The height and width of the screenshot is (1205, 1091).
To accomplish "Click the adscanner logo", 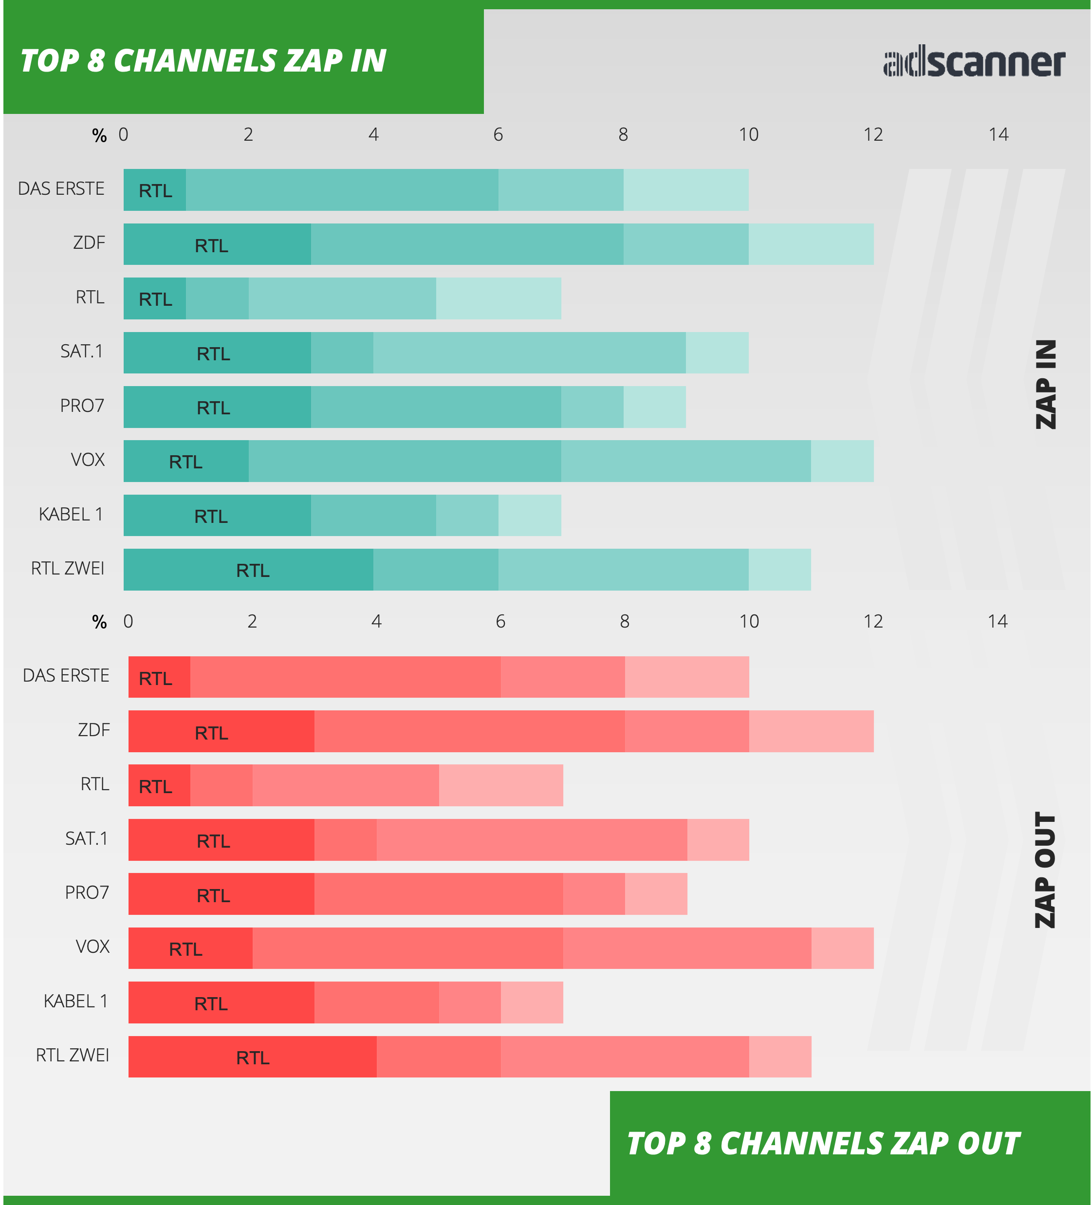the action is pyautogui.click(x=974, y=62).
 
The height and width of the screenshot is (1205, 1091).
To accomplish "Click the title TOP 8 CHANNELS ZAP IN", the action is pyautogui.click(x=203, y=60).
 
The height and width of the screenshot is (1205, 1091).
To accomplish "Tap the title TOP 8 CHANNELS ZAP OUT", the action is pyautogui.click(x=823, y=1144).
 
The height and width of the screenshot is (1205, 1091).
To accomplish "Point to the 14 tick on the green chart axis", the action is pyautogui.click(x=998, y=134).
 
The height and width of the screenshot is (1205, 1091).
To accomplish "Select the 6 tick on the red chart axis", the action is pyautogui.click(x=500, y=622).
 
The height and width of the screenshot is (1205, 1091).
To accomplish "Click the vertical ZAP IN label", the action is pyautogui.click(x=1046, y=384).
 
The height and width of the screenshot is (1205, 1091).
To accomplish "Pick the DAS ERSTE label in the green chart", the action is pyautogui.click(x=61, y=189).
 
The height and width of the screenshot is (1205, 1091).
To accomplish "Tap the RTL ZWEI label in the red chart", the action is pyautogui.click(x=73, y=1056).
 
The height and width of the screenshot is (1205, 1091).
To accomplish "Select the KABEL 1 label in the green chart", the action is pyautogui.click(x=71, y=514).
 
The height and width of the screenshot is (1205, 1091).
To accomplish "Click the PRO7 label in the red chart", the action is pyautogui.click(x=87, y=893).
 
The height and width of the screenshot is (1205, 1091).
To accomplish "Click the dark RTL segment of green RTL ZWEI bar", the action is pyautogui.click(x=249, y=570).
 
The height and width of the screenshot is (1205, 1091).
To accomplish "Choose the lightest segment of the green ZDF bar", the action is pyautogui.click(x=811, y=244).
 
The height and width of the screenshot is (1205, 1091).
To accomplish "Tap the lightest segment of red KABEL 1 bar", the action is pyautogui.click(x=532, y=1002).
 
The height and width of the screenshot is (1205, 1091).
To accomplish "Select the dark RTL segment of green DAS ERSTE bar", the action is pyautogui.click(x=155, y=190).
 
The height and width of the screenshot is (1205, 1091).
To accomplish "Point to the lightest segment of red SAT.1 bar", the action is pyautogui.click(x=718, y=840).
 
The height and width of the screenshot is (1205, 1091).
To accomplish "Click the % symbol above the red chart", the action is pyautogui.click(x=99, y=622).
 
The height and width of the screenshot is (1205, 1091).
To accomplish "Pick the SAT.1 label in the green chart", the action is pyautogui.click(x=82, y=352).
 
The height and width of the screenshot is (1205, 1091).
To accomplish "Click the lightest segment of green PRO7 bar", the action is pyautogui.click(x=655, y=407).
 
